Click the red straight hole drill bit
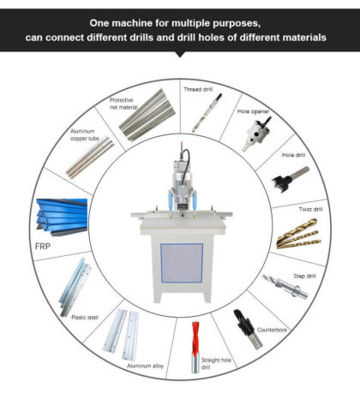[x=195, y=347]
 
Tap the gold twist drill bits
[x=298, y=234]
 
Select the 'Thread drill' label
[x=198, y=89]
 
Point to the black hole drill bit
[x=290, y=179]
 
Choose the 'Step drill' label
[x=304, y=276]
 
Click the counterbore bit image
[x=248, y=329]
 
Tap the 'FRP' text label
[x=43, y=247]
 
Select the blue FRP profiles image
[x=62, y=217]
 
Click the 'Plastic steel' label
[x=85, y=318]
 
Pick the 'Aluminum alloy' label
[x=145, y=366]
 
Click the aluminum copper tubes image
[x=90, y=158]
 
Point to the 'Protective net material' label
[x=123, y=104]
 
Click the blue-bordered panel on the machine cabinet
[x=182, y=263]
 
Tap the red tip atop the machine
[x=182, y=144]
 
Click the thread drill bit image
[x=207, y=113]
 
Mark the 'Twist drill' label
[x=310, y=209]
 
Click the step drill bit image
[x=285, y=286]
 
